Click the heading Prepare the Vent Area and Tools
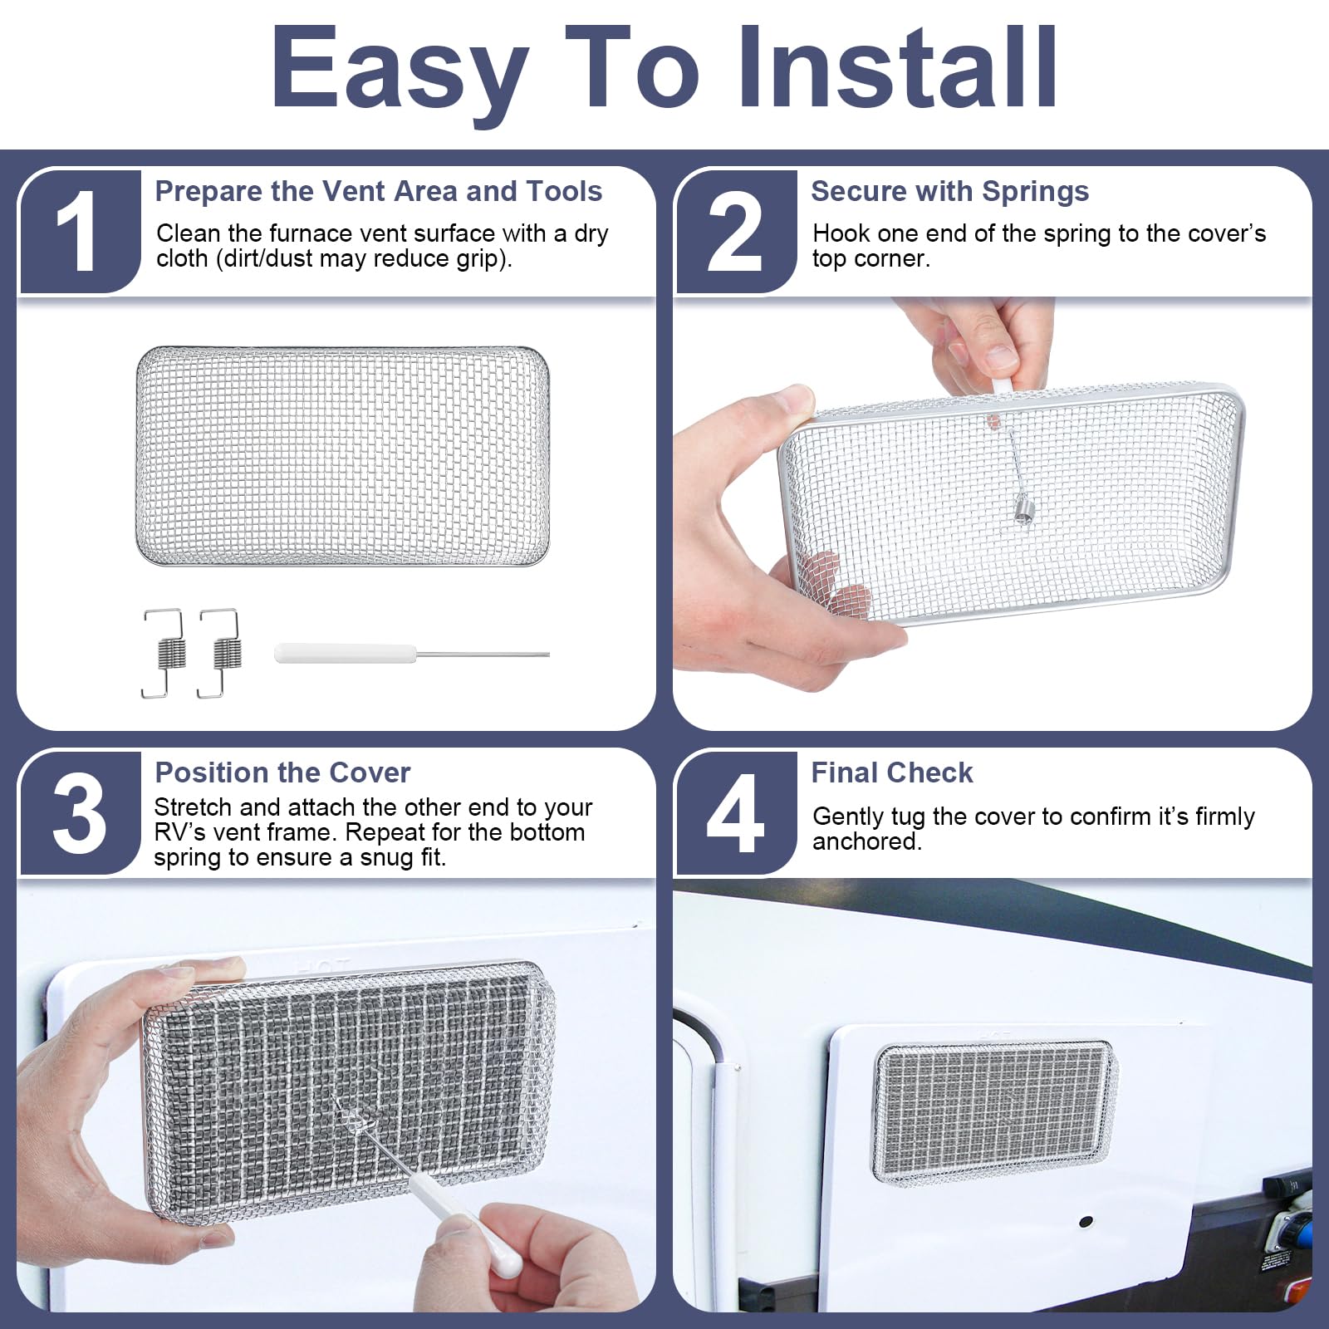pyautogui.click(x=378, y=192)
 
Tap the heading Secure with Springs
pyautogui.click(x=949, y=192)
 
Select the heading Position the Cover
pyautogui.click(x=282, y=773)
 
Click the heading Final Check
pyautogui.click(x=891, y=773)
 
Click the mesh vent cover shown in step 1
pyautogui.click(x=342, y=457)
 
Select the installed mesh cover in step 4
pyautogui.click(x=994, y=1111)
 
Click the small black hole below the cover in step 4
pyautogui.click(x=1085, y=1223)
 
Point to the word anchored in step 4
pyautogui.click(x=866, y=841)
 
